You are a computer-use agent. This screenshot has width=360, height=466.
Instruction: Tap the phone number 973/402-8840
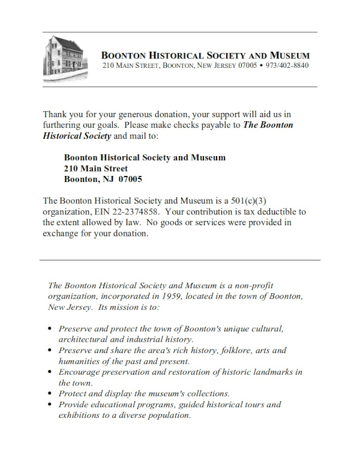click(287, 65)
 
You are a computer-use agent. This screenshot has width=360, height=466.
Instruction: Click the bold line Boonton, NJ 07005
click(103, 180)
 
